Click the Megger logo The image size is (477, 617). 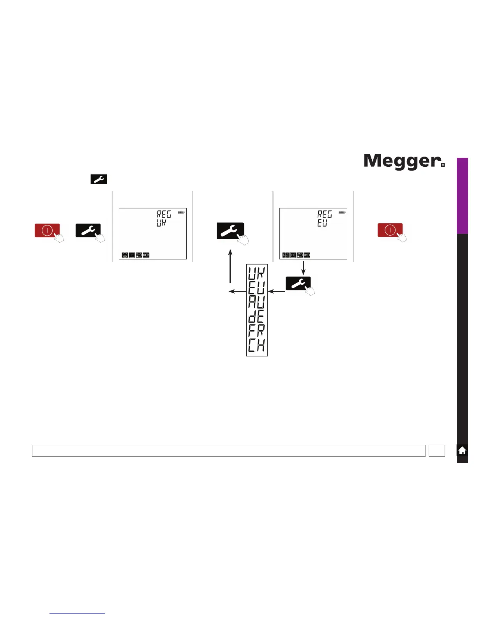coord(404,161)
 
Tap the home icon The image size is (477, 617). coord(462,451)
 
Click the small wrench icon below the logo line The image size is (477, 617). coord(99,179)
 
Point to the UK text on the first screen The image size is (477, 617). coord(161,223)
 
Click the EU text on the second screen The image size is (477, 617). coord(322,223)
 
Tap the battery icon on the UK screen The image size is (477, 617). coord(181,212)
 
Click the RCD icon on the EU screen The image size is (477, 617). coord(307,255)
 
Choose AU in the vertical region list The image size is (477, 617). coord(256,302)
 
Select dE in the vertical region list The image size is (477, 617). coord(256,317)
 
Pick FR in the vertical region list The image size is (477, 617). coord(256,331)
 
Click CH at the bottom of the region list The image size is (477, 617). coord(256,346)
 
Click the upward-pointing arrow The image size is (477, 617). coord(230,267)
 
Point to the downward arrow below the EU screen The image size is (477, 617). coord(303,268)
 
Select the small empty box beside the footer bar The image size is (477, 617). coord(436,451)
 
